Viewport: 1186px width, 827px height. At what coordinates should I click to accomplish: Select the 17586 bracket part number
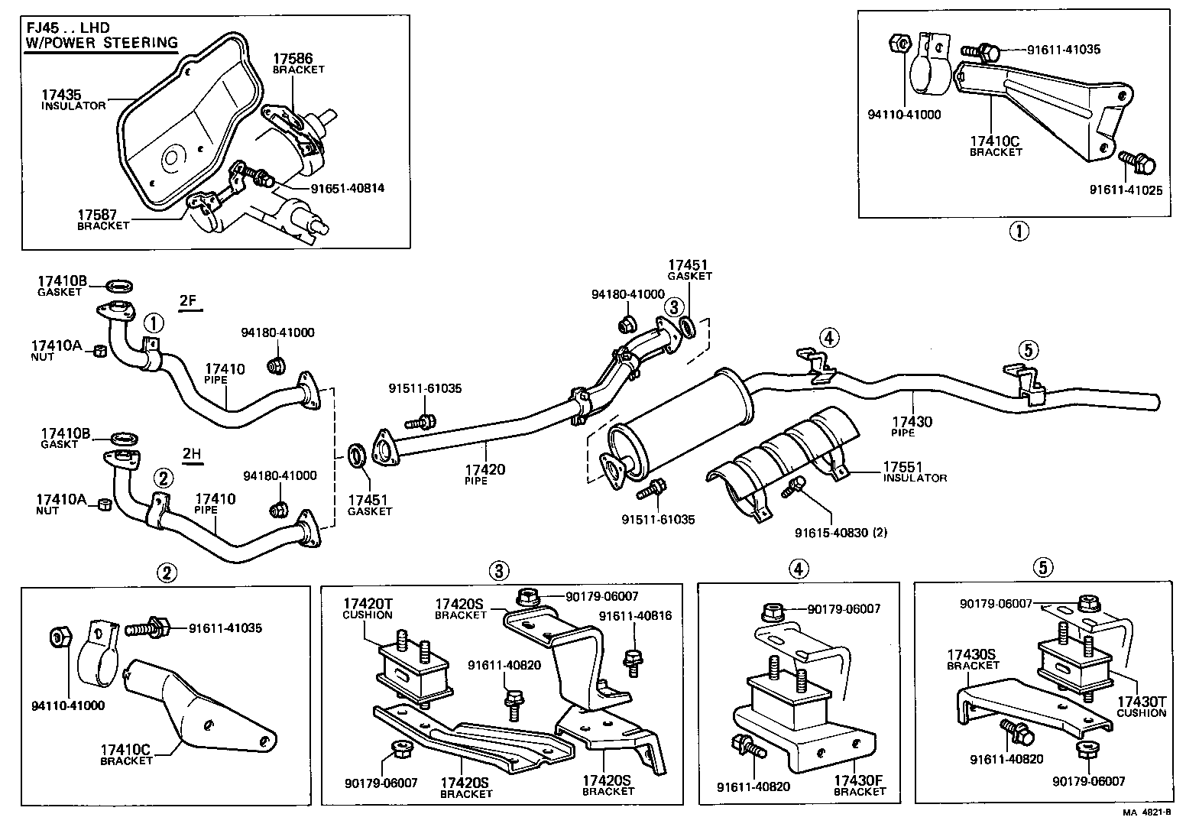click(293, 57)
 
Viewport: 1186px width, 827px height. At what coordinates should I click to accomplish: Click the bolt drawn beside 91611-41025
click(1137, 161)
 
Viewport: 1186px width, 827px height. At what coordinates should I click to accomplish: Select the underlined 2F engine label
click(189, 300)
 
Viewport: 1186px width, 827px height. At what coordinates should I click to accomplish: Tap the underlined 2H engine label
click(192, 454)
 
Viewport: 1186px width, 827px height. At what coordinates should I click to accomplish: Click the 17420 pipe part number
click(485, 469)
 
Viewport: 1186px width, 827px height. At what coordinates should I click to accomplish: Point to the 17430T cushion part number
click(1142, 701)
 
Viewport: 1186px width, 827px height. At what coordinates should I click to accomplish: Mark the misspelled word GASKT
click(60, 444)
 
